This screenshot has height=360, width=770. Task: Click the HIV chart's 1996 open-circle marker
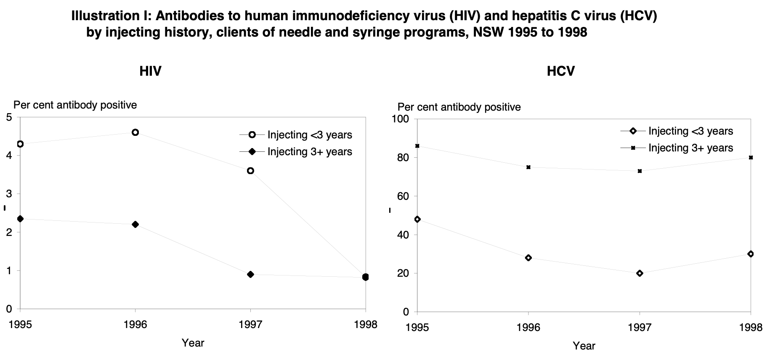(135, 132)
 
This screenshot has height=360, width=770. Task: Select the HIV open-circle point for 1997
(251, 171)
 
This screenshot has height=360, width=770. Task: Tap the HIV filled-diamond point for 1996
(135, 225)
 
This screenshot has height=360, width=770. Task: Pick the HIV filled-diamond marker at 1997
(251, 275)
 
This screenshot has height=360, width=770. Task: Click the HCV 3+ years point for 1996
(528, 167)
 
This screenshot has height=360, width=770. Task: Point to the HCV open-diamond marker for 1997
(640, 273)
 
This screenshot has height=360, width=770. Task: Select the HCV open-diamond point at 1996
(528, 258)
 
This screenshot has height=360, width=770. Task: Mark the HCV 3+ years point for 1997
(640, 171)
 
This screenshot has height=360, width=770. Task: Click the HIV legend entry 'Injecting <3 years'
(310, 135)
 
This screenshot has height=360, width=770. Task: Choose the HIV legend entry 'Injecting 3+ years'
(310, 152)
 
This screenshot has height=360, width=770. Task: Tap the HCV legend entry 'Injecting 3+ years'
(690, 148)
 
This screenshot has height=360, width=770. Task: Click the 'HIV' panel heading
(150, 71)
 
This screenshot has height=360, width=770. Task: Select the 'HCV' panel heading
(560, 71)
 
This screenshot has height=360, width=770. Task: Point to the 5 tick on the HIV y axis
(9, 117)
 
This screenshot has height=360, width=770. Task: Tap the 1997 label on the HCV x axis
(640, 328)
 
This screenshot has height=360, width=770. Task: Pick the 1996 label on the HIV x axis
(135, 325)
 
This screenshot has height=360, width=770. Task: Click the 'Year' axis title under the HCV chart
(584, 346)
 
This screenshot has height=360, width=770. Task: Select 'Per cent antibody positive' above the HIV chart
(75, 105)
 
